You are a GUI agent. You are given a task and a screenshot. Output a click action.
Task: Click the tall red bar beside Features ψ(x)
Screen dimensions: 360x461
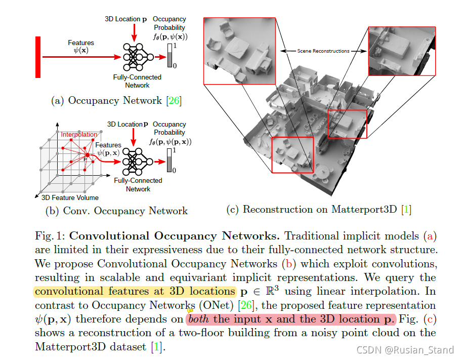coord(38,57)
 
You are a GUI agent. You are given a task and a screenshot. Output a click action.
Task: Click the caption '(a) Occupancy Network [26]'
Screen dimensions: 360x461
coord(116,100)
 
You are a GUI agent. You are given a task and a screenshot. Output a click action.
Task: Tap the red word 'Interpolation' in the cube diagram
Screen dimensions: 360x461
coord(78,135)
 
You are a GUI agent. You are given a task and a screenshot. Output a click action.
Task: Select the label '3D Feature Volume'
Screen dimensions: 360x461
coord(70,197)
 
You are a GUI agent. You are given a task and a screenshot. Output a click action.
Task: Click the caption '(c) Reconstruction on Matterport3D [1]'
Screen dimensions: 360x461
coord(319,209)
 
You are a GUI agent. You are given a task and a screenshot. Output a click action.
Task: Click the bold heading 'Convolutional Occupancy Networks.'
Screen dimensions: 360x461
coord(175,236)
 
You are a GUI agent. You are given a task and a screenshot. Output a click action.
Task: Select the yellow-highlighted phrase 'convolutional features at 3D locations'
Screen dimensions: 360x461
coord(135,291)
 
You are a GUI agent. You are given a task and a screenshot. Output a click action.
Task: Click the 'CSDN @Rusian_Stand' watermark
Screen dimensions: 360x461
coord(405,350)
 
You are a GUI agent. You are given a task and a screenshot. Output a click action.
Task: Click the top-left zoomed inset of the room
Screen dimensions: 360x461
coord(239,51)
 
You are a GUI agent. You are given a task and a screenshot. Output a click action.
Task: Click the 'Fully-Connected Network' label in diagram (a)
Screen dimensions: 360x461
coord(138,81)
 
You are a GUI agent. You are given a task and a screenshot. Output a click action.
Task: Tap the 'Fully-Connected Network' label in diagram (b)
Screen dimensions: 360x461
coord(138,184)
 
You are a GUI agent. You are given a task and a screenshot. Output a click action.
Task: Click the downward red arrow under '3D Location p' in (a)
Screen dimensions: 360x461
coord(134,32)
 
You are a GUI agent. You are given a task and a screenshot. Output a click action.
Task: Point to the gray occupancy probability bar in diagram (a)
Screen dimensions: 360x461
coord(170,56)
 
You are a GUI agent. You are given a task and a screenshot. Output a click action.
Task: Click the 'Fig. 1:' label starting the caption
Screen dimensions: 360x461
coord(50,236)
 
